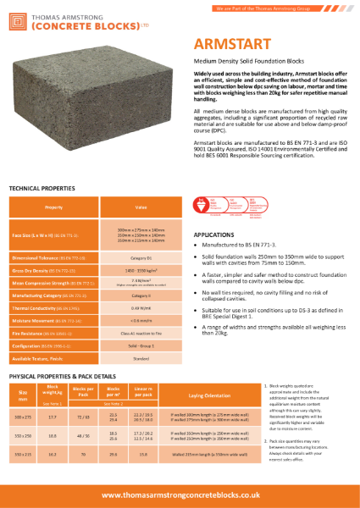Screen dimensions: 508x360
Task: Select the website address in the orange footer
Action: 180,494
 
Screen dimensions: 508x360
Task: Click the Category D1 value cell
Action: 141,255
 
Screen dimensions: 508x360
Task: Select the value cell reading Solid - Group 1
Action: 141,347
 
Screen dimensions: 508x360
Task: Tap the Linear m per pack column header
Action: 141,394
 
